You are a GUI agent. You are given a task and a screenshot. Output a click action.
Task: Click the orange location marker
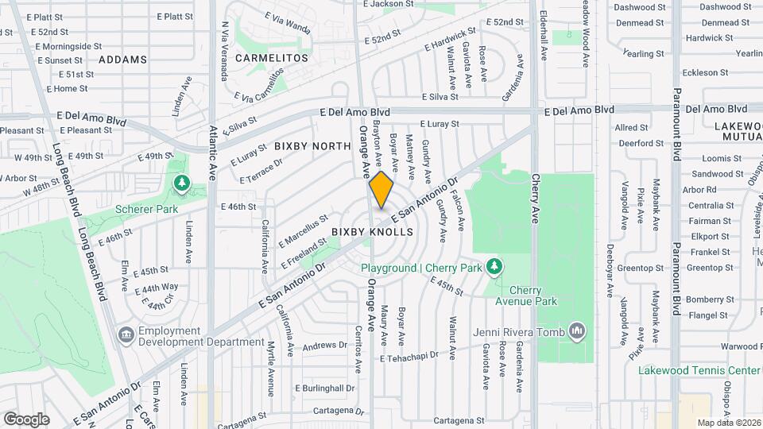[381, 190]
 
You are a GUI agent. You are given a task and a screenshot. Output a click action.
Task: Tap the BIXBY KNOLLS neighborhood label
[373, 232]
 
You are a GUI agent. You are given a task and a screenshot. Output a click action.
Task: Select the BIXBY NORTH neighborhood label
[312, 146]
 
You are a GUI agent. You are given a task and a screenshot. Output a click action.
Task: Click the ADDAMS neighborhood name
[123, 60]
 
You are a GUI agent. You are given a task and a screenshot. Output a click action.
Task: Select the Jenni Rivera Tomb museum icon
[578, 330]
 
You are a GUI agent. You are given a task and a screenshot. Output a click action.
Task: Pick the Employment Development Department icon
[126, 335]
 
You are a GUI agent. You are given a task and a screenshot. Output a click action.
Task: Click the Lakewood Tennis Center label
[699, 370]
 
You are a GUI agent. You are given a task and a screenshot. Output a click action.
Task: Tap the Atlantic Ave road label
[213, 152]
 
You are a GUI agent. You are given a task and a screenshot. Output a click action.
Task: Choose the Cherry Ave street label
[536, 198]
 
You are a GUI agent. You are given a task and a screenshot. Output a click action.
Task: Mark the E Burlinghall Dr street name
[324, 388]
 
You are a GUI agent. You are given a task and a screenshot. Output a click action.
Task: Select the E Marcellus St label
[303, 230]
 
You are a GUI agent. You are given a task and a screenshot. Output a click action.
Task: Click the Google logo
[26, 419]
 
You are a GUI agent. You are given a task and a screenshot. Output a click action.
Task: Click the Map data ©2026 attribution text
[729, 423]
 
